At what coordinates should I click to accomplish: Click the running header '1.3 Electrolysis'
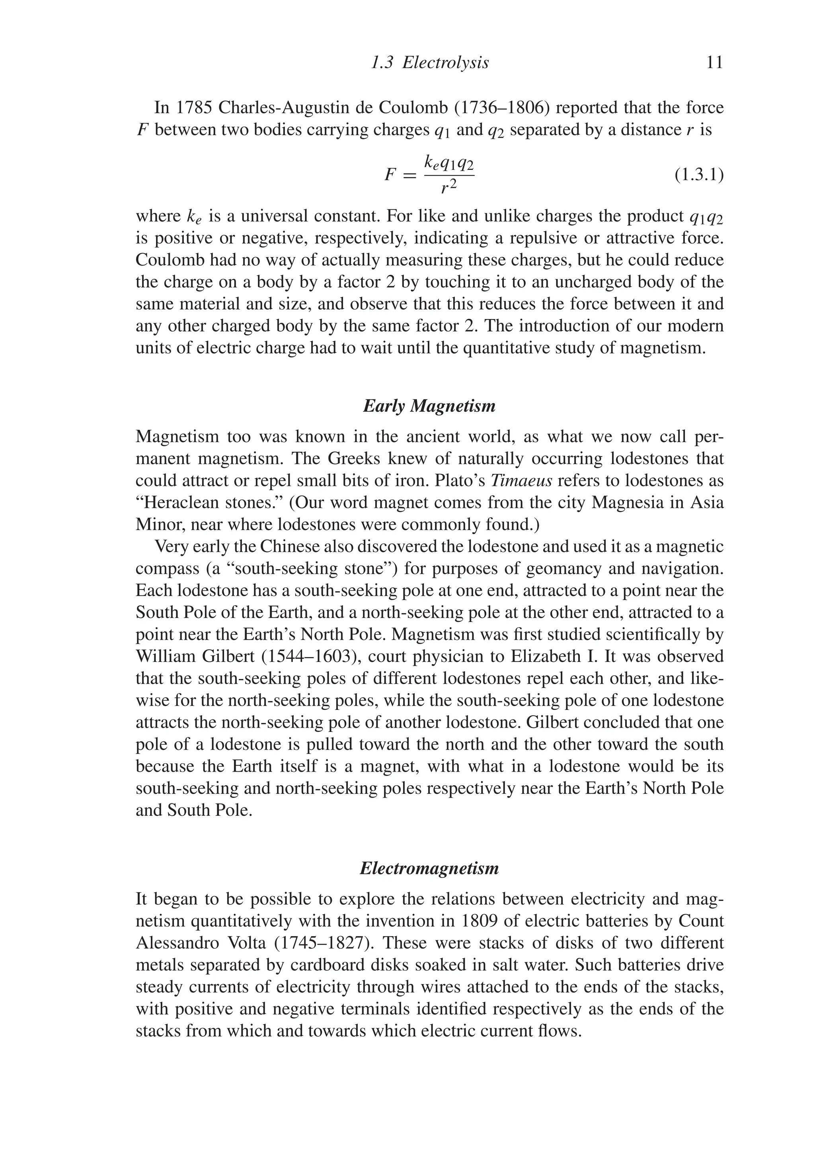[430, 63]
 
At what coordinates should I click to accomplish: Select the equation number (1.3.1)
[699, 175]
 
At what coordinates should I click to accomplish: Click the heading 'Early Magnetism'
[429, 406]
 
